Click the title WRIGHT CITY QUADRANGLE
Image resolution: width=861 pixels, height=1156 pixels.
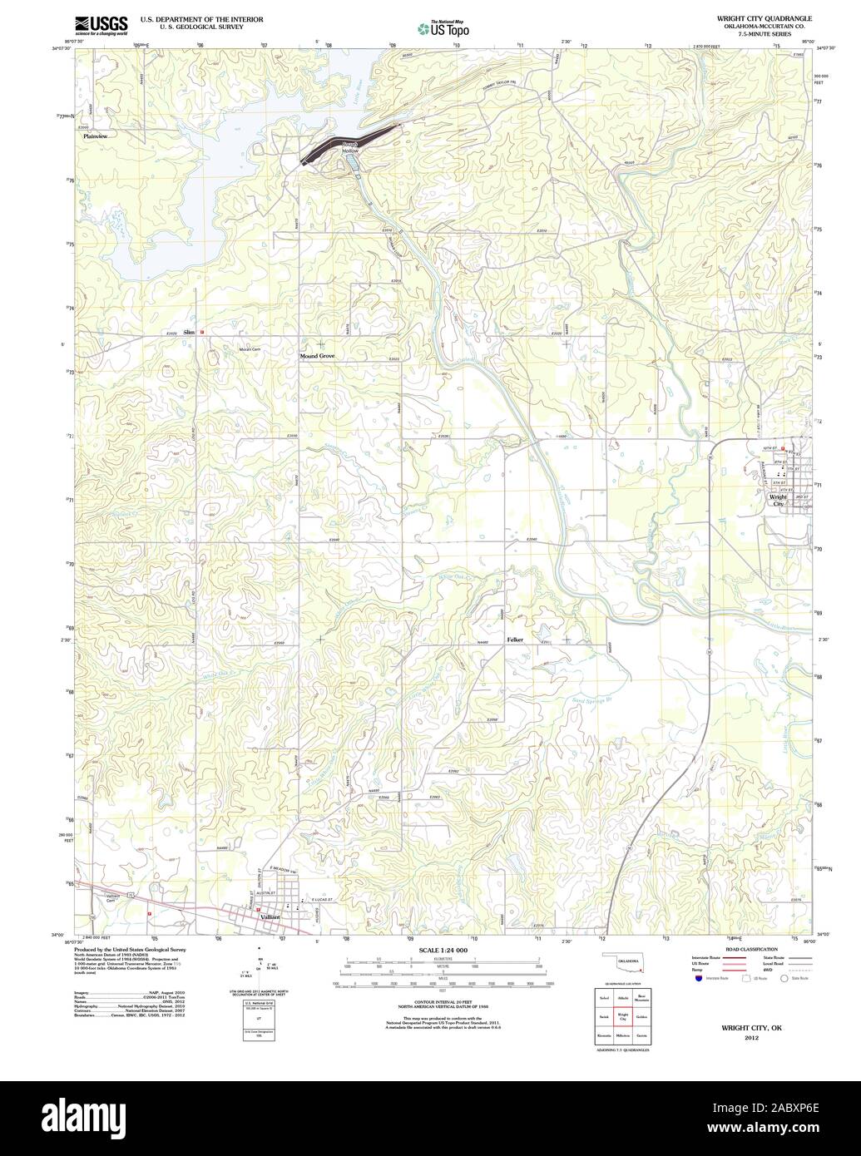click(759, 17)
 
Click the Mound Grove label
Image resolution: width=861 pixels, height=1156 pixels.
click(317, 355)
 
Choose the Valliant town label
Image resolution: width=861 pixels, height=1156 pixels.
click(270, 916)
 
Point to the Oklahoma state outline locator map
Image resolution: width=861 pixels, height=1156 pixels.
click(622, 965)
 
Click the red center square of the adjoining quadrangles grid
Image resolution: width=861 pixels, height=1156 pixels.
click(622, 1015)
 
